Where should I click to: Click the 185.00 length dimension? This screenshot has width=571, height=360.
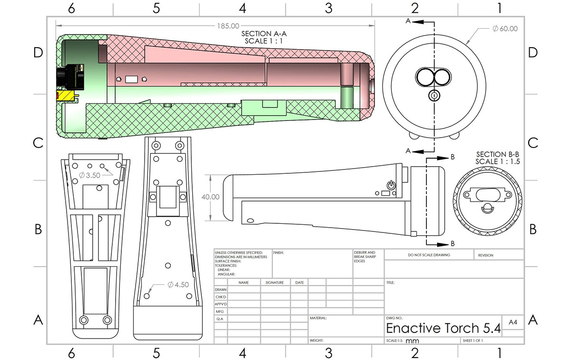click(x=227, y=26)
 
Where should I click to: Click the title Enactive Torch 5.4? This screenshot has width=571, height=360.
click(x=443, y=328)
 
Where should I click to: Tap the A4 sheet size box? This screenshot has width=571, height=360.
click(x=513, y=322)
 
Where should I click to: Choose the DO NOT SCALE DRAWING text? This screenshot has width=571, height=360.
click(x=429, y=255)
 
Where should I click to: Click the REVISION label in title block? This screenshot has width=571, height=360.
click(x=485, y=255)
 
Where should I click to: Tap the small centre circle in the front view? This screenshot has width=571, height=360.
click(x=434, y=95)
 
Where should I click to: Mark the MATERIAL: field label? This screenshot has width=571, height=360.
click(x=318, y=318)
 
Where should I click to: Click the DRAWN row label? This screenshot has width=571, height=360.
click(x=221, y=290)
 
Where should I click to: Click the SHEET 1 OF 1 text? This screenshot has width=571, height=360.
click(x=473, y=341)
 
